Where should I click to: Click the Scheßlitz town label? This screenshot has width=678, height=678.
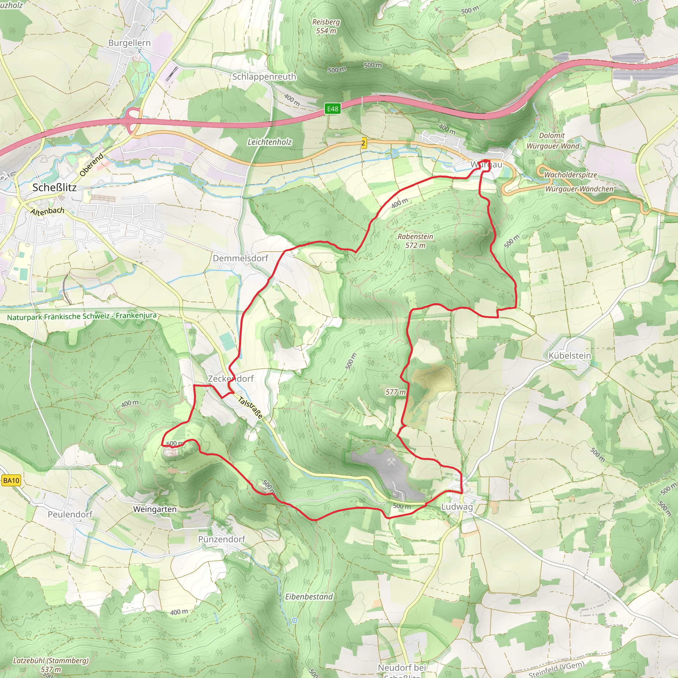tap(54, 187)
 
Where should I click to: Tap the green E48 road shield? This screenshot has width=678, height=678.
tap(332, 109)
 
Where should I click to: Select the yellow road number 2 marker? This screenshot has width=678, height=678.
tap(363, 143)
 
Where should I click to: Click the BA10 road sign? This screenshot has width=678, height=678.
tap(11, 480)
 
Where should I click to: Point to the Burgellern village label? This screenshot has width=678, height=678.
tap(129, 43)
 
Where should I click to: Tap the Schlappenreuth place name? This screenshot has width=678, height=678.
tap(264, 76)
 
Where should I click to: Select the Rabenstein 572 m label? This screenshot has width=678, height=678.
tap(415, 241)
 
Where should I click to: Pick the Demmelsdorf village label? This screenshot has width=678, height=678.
tap(240, 258)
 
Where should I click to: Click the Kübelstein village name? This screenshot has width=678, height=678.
tap(569, 356)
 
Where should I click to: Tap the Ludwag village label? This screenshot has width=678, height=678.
tap(457, 507)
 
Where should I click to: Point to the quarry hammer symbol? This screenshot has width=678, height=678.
tap(391, 462)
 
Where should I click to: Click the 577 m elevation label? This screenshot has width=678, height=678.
tap(395, 392)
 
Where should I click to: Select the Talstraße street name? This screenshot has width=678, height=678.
tap(250, 408)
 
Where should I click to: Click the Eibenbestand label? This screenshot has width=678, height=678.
tap(309, 597)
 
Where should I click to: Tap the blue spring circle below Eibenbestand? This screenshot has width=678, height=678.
tap(294, 620)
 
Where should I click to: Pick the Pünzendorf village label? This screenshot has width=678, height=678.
tap(221, 539)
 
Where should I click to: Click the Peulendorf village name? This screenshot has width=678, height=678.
tap(70, 514)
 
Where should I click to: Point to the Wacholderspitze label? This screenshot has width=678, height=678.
tap(570, 175)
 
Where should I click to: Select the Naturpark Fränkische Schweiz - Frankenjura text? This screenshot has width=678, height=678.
tap(82, 316)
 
